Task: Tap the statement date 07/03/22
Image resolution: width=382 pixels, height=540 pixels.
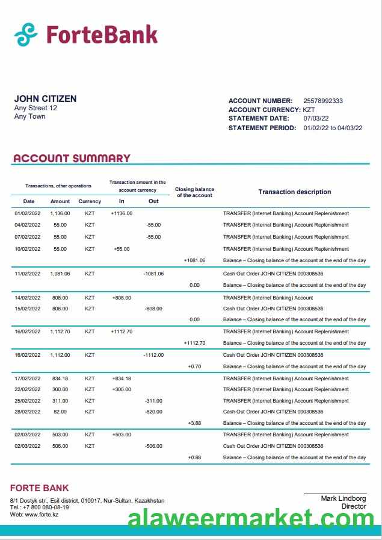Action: pyautogui.click(x=316, y=119)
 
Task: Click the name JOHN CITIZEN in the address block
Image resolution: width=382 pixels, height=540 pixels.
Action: pyautogui.click(x=45, y=99)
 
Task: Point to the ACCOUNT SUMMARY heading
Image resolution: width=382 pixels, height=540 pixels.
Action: pyautogui.click(x=72, y=159)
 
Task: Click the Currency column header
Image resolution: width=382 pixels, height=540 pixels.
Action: pyautogui.click(x=90, y=201)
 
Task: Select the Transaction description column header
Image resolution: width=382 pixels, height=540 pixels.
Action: pyautogui.click(x=294, y=192)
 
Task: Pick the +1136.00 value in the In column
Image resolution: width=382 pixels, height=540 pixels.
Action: pyautogui.click(x=122, y=213)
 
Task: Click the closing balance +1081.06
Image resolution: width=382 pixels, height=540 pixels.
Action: pyautogui.click(x=194, y=260)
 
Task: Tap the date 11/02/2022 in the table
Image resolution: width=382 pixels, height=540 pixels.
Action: pyautogui.click(x=27, y=274)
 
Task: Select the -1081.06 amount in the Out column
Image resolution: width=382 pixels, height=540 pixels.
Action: pyautogui.click(x=153, y=274)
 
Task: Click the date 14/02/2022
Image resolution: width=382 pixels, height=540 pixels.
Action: pyautogui.click(x=27, y=298)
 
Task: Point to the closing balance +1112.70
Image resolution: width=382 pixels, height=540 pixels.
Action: pyautogui.click(x=194, y=343)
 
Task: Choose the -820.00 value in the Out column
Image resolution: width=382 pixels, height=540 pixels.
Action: pyautogui.click(x=153, y=412)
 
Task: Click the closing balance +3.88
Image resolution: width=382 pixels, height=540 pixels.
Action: pyautogui.click(x=194, y=423)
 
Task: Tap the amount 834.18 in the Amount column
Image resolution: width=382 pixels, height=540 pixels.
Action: pyautogui.click(x=60, y=378)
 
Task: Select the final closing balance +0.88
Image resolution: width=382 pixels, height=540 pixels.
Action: pyautogui.click(x=194, y=457)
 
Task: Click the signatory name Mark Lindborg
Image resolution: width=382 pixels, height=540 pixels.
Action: pyautogui.click(x=343, y=498)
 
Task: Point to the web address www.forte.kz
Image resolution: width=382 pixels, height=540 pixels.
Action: pyautogui.click(x=42, y=514)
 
